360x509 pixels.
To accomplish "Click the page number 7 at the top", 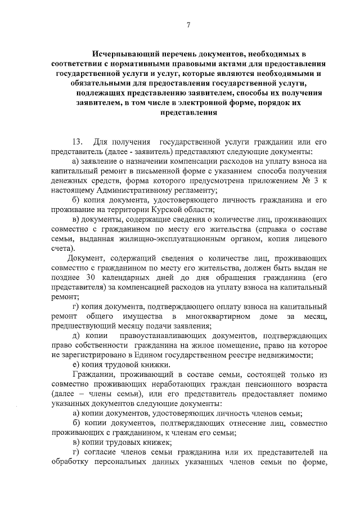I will point(188,24).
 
